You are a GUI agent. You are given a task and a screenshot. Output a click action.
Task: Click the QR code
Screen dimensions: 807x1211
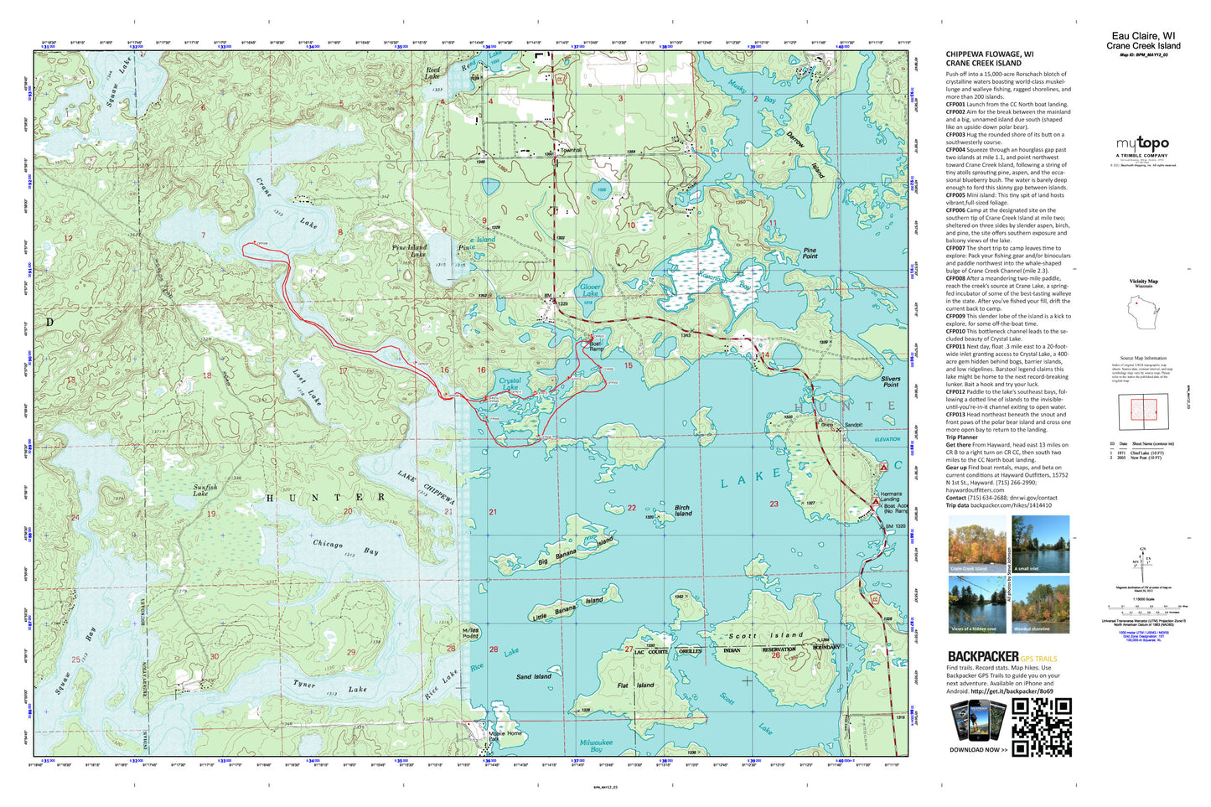pos(1042,727)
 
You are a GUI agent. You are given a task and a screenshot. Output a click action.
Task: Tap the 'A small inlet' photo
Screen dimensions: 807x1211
pos(1040,544)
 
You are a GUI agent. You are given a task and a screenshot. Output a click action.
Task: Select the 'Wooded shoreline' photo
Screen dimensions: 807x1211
pos(1040,604)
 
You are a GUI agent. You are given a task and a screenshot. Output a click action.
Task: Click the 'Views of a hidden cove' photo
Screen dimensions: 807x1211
pos(977,604)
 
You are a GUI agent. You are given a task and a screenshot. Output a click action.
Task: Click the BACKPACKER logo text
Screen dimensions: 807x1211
pos(983,656)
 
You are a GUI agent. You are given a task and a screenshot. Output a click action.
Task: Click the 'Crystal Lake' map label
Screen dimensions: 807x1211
pos(510,385)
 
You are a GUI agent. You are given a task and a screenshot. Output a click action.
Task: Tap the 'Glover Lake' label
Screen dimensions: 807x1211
pos(590,290)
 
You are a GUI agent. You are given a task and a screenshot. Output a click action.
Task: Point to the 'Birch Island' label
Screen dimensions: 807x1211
pos(683,510)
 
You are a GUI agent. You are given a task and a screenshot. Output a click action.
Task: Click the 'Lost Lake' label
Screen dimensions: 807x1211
pos(307,386)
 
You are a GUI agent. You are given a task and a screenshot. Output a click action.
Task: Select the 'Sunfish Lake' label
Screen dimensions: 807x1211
pos(205,490)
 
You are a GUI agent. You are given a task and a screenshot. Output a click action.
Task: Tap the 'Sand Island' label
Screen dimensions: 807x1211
pos(533,675)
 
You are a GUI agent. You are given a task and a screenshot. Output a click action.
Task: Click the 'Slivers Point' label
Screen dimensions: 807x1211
pos(891,381)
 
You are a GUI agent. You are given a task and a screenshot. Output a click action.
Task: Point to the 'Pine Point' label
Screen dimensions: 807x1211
pos(810,252)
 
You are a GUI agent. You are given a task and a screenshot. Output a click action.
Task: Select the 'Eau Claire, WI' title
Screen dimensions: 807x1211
pos(1143,36)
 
